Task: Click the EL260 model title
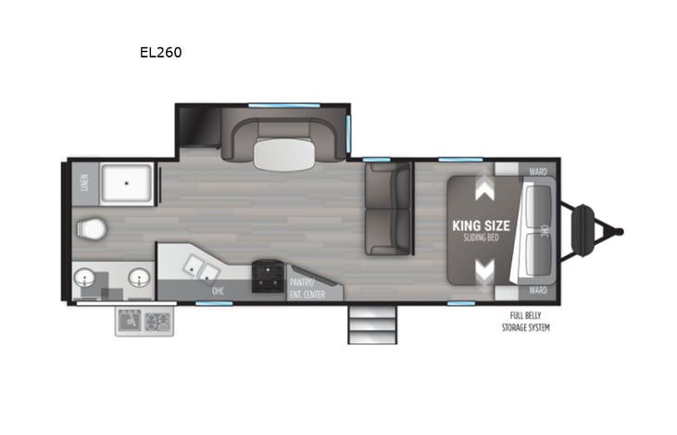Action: pyautogui.click(x=160, y=53)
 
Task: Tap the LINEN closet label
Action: pyautogui.click(x=83, y=183)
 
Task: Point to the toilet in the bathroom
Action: pyautogui.click(x=93, y=227)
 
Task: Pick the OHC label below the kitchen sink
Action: pyautogui.click(x=218, y=291)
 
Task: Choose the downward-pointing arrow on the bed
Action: pyautogui.click(x=483, y=271)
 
